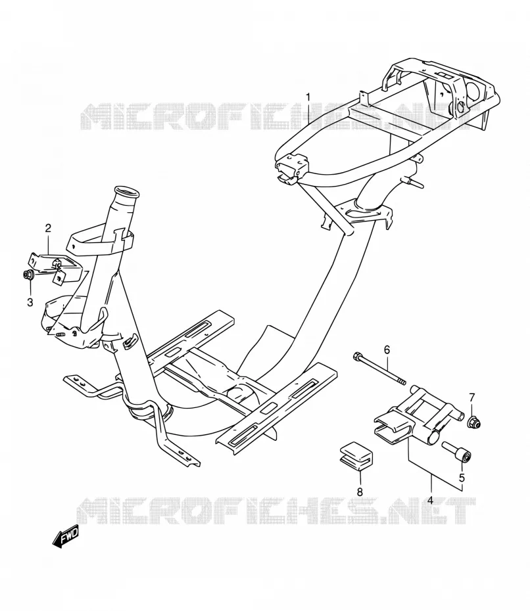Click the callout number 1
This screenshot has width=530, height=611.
[x=308, y=96]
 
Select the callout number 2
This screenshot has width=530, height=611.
[x=48, y=228]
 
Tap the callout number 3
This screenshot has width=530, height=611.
[x=30, y=302]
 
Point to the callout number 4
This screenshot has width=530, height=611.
[x=430, y=499]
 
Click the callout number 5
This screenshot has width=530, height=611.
[x=462, y=478]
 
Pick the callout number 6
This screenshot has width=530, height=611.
[x=387, y=350]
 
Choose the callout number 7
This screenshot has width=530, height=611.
[x=472, y=397]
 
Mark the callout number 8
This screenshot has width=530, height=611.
[x=360, y=492]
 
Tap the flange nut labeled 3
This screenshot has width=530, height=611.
[x=28, y=275]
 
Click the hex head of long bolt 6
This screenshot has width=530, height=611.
[x=357, y=356]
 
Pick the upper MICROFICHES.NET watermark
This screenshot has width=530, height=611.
[x=275, y=116]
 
